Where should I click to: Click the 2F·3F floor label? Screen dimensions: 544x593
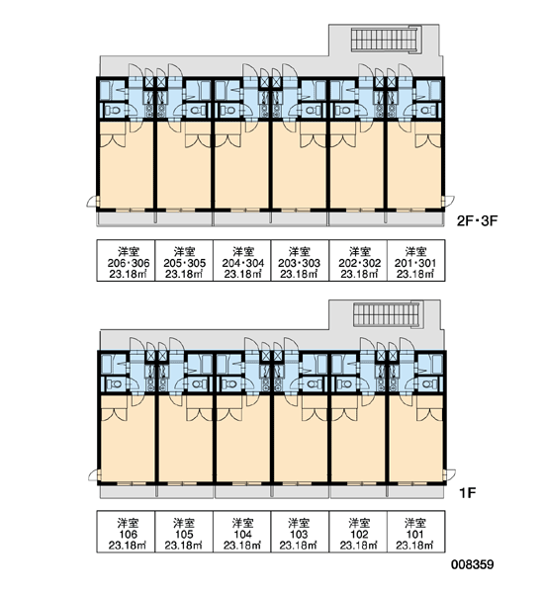(x=477, y=220)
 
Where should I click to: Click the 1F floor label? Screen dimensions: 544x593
(x=467, y=493)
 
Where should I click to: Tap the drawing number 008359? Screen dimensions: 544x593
(x=472, y=564)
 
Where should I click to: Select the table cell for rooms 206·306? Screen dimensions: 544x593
(x=126, y=261)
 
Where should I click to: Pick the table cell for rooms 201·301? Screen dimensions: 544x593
(x=416, y=261)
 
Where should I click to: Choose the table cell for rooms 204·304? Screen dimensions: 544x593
(x=242, y=261)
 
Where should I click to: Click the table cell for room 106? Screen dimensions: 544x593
(x=126, y=532)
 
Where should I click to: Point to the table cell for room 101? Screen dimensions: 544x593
(x=415, y=532)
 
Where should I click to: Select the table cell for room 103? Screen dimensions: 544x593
(x=300, y=532)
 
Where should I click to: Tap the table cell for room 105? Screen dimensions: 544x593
(x=184, y=532)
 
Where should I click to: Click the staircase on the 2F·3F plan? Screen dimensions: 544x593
(x=386, y=40)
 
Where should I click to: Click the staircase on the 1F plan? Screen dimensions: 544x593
(x=386, y=314)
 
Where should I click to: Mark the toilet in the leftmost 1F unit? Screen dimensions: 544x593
(x=114, y=384)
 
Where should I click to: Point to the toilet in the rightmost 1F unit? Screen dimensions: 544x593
(x=427, y=384)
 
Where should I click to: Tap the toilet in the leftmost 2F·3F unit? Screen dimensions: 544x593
(x=113, y=111)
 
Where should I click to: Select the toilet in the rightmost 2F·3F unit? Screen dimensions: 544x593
(x=426, y=111)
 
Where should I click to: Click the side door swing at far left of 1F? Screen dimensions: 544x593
(x=93, y=475)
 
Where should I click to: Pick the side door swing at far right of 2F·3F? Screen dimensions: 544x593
(x=449, y=202)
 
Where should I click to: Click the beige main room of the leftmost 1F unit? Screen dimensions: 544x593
(x=128, y=439)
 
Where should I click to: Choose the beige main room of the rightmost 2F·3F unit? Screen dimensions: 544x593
(x=414, y=165)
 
